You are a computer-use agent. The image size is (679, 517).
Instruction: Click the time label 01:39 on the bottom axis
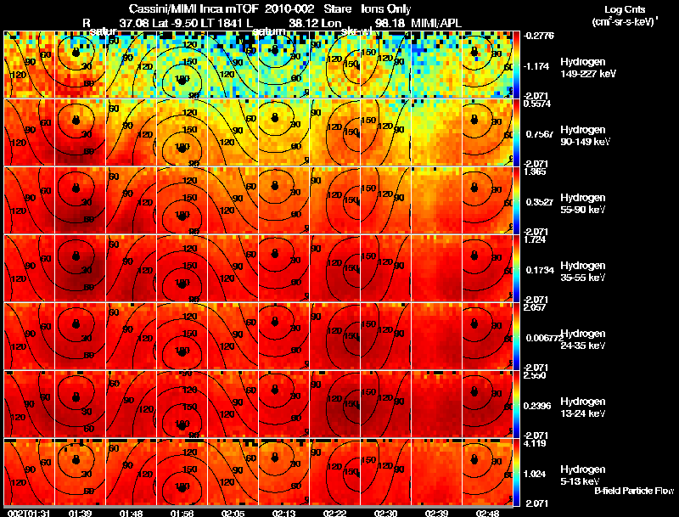pos(81,513)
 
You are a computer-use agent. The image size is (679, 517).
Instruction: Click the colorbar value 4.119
pos(536,443)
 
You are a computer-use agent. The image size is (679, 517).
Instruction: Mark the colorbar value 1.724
pos(536,239)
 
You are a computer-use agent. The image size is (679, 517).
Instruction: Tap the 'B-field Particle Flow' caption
pos(633,491)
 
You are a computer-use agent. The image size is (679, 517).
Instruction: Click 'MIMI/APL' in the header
pos(436,21)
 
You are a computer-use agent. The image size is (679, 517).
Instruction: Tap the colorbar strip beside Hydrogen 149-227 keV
pos(519,65)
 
